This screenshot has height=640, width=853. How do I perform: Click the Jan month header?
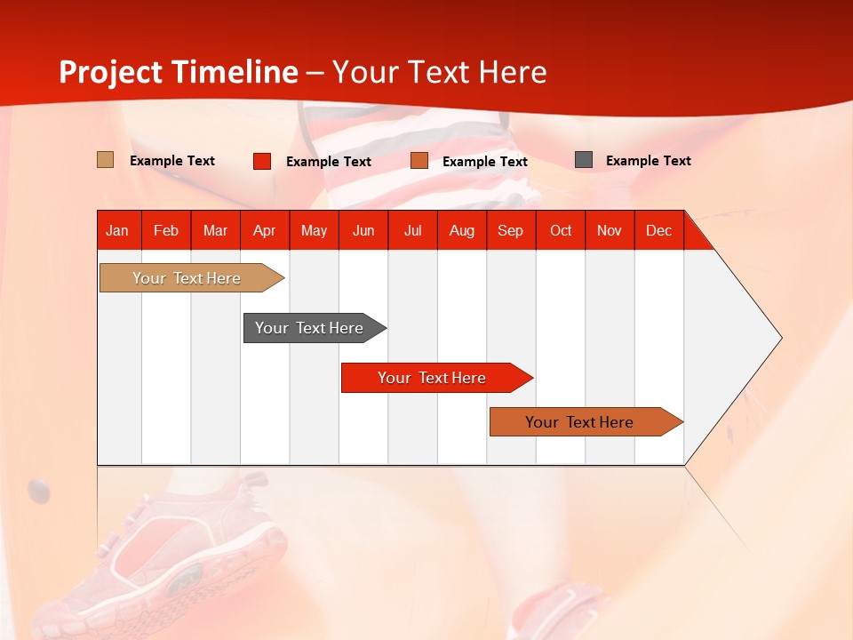pyautogui.click(x=117, y=230)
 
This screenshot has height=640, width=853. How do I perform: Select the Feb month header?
pyautogui.click(x=166, y=230)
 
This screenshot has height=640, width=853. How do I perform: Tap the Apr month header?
pyautogui.click(x=265, y=230)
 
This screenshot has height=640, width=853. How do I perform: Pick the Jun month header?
pyautogui.click(x=363, y=230)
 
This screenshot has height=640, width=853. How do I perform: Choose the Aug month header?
pyautogui.click(x=462, y=230)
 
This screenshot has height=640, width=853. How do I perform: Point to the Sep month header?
pyautogui.click(x=511, y=230)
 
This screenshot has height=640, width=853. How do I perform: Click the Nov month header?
pyautogui.click(x=610, y=230)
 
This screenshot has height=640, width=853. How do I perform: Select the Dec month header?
pyautogui.click(x=659, y=230)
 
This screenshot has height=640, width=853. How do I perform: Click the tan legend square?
pyautogui.click(x=106, y=160)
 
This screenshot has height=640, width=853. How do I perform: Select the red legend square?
pyautogui.click(x=262, y=161)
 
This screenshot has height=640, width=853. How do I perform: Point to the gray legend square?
pyautogui.click(x=584, y=160)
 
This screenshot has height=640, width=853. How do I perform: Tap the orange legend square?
pyautogui.click(x=419, y=161)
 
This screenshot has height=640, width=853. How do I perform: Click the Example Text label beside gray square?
pyautogui.click(x=648, y=161)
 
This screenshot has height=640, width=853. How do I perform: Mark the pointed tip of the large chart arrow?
pyautogui.click(x=780, y=338)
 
